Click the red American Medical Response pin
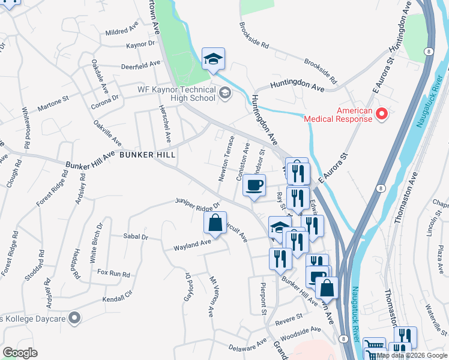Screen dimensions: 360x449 (381, 113)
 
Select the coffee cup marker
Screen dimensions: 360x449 (255, 185)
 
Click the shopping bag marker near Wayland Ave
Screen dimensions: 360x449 (215, 224)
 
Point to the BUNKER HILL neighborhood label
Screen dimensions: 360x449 (147, 155)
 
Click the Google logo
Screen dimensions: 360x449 (20, 352)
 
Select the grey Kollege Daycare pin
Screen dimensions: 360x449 (74, 317)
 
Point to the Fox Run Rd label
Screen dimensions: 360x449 (113, 274)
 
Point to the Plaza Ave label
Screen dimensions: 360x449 (439, 256)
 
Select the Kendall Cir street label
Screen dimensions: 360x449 (116, 296)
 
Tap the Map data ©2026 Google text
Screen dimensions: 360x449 (412, 355)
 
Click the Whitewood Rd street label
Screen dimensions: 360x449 (26, 129)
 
